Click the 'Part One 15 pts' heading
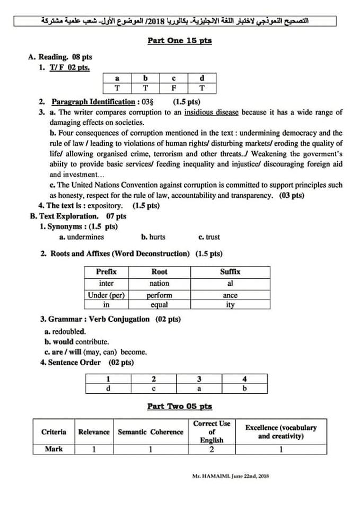point(179,41)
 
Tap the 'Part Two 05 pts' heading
point(179,406)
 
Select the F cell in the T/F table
point(173,88)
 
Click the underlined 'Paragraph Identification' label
point(93,102)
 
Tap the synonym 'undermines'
point(82,237)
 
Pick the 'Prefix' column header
point(106,271)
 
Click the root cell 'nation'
point(159,284)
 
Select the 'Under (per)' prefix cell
point(106,295)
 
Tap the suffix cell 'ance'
point(230,295)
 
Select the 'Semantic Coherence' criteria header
point(150,432)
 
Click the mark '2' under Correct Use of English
point(212,449)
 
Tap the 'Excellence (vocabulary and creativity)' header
point(280,432)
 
